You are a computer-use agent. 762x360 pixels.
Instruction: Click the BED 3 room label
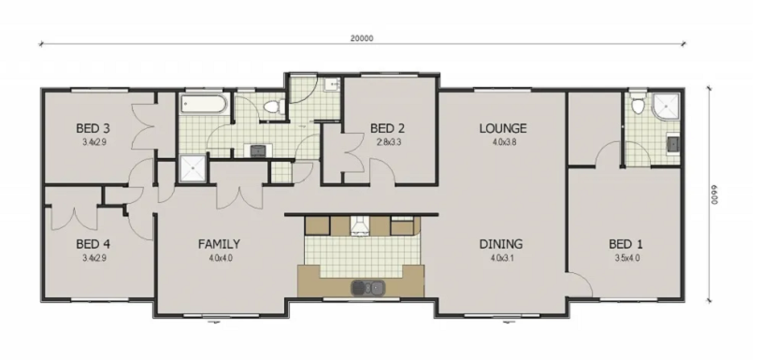point(93,129)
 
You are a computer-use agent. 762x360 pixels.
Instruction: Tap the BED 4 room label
point(93,244)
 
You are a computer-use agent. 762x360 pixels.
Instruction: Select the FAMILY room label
point(219,244)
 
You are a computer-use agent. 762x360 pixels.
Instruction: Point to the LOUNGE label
point(502,129)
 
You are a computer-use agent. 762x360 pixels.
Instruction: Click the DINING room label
point(501,244)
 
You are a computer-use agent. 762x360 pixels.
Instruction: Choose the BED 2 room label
point(387,129)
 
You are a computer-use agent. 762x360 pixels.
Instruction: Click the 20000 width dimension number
point(362,38)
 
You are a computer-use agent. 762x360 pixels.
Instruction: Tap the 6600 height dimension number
point(714,194)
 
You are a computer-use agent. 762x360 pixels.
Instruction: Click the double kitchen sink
point(367,288)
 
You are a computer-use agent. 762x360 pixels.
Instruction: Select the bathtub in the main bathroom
point(203,104)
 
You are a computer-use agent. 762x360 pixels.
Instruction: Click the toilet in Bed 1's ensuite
point(638,105)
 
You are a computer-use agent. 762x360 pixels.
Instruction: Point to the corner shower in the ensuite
point(666,107)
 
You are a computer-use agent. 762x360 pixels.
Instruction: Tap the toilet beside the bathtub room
point(274,106)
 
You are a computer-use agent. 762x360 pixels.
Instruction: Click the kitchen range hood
point(360,226)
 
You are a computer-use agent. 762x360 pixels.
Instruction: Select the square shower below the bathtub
point(194,168)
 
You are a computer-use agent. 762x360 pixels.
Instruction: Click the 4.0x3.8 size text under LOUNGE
point(502,142)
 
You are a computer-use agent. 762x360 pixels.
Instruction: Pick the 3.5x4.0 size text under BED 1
point(627,258)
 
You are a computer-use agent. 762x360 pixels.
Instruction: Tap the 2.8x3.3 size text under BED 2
point(389,142)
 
